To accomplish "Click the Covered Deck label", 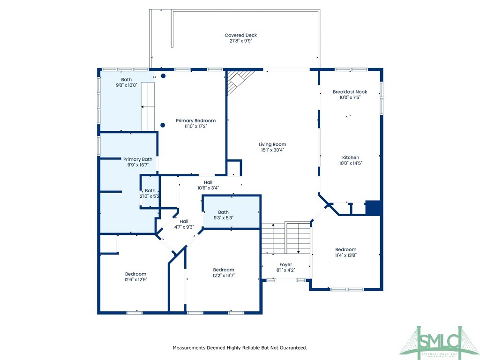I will click(x=240, y=36).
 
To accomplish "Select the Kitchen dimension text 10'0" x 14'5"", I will click(x=351, y=163).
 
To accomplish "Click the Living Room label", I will click(x=272, y=144).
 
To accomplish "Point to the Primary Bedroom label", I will click(x=195, y=120).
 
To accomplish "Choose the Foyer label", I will click(x=285, y=264).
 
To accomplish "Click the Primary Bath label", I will click(x=138, y=159).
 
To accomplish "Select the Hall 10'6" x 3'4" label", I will click(x=208, y=182).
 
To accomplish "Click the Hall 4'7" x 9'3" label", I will click(x=184, y=221).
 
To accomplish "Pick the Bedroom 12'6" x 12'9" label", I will click(x=135, y=274).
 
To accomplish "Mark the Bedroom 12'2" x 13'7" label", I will click(x=223, y=270).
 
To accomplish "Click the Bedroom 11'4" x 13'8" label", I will click(x=345, y=249).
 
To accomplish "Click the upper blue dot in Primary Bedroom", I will click(x=163, y=76).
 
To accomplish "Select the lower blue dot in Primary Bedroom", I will click(x=163, y=125).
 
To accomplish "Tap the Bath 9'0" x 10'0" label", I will click(x=126, y=80).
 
